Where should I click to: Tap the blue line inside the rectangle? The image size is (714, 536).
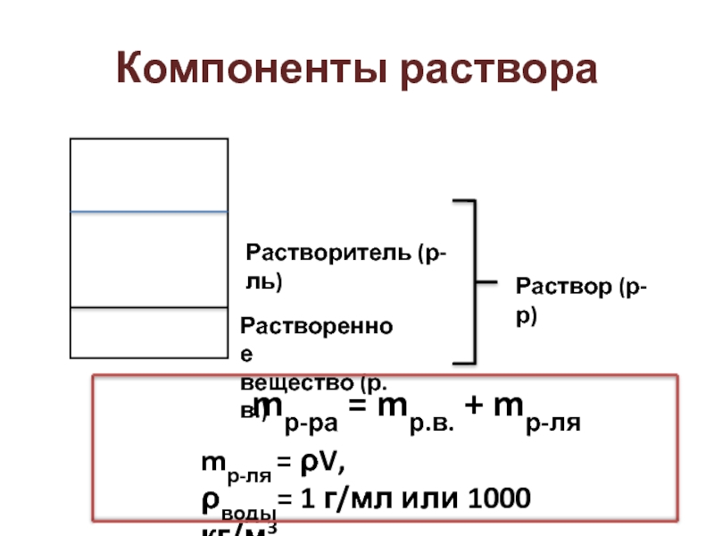(x=149, y=212)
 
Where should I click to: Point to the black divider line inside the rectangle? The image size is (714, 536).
(x=149, y=308)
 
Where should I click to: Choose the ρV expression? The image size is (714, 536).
(x=325, y=464)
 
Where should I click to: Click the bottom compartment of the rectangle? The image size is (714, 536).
(x=149, y=332)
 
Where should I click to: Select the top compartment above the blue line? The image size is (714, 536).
(x=149, y=175)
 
